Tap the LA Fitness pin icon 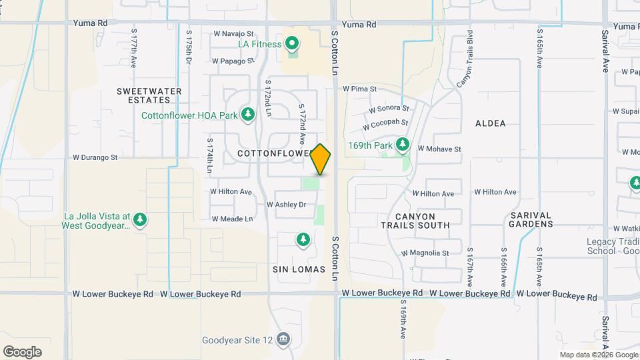click(291, 45)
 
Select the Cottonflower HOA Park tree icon click(248, 115)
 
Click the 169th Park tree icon click(402, 145)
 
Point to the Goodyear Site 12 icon click(284, 339)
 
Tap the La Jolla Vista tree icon click(139, 219)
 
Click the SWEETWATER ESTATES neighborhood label click(143, 95)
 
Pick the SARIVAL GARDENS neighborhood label click(531, 219)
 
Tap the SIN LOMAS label click(299, 269)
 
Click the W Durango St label click(95, 158)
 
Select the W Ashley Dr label click(286, 205)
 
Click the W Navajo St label click(233, 33)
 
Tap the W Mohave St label click(439, 149)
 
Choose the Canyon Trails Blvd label click(465, 60)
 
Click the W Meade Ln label click(232, 219)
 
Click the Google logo click(22, 352)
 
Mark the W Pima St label click(360, 88)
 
